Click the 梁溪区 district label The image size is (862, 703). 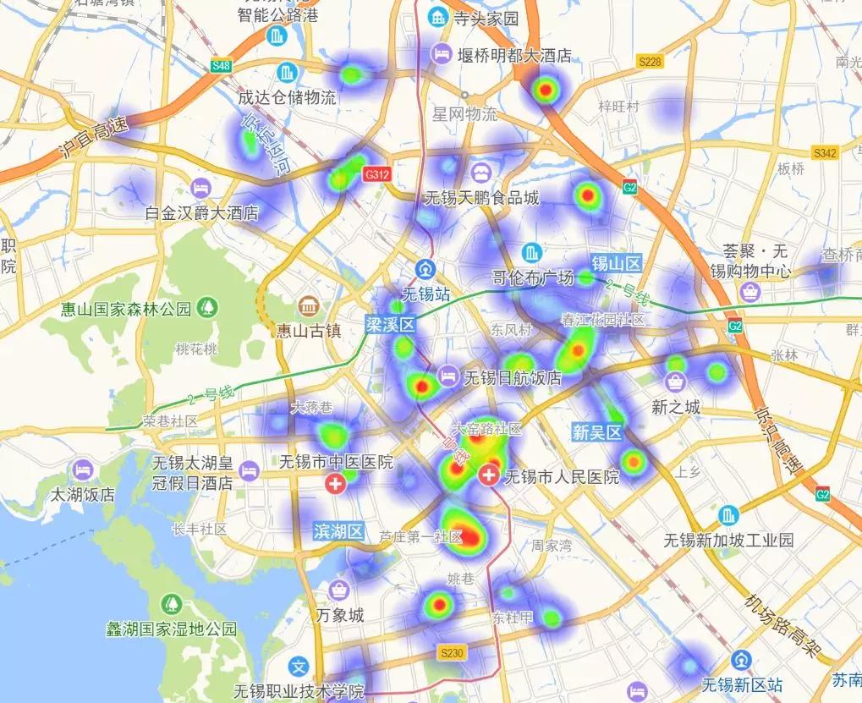pos(391,325)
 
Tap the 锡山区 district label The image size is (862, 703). pos(617,262)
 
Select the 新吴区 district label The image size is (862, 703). pos(597,433)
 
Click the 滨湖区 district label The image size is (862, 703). pos(338,532)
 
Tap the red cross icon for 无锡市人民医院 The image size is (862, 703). pos(488,475)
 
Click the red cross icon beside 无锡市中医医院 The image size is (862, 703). pos(336,484)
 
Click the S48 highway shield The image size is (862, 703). pos(222,65)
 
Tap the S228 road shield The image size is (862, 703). pos(651,62)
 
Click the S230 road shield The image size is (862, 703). pos(453,653)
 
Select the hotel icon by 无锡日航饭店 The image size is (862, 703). pos(447,376)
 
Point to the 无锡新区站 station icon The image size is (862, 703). pos(742,659)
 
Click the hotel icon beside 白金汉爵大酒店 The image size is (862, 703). pos(201,187)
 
